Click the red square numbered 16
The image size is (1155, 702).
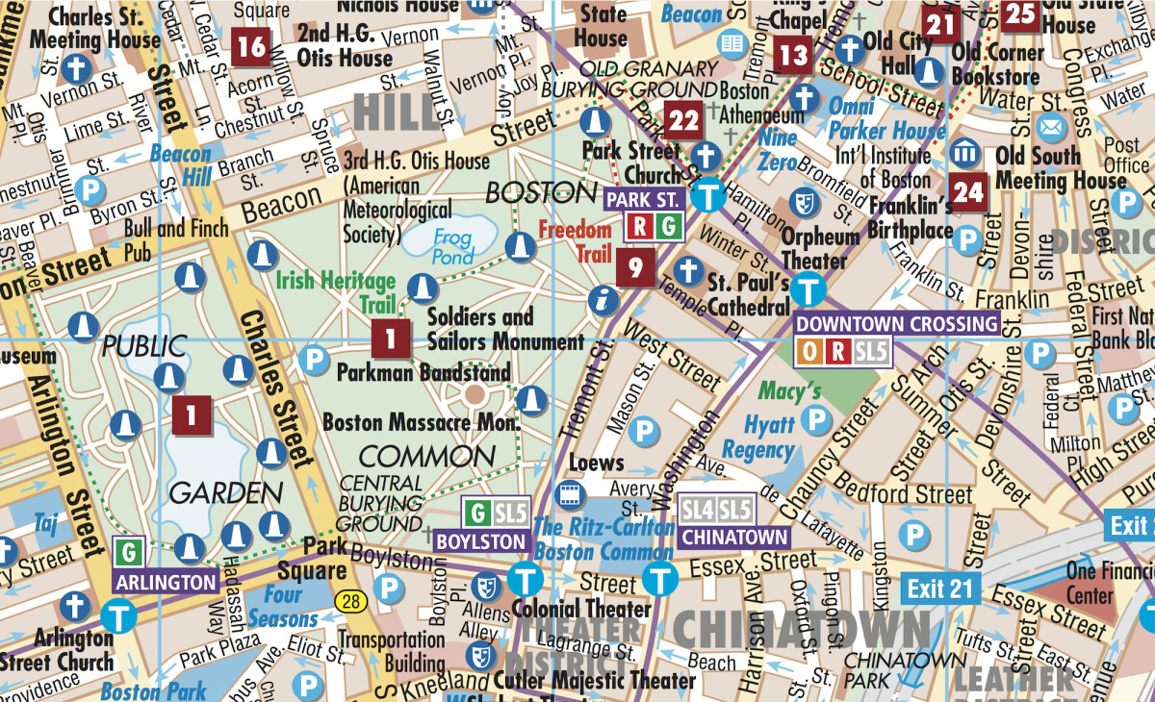click(251, 45)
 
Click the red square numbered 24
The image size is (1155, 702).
click(967, 192)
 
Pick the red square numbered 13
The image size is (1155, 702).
click(793, 55)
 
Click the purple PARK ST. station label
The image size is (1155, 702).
click(643, 200)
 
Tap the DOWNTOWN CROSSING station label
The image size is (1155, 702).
click(897, 324)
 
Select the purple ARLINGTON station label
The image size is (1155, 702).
click(166, 582)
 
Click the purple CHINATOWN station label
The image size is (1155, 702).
click(734, 537)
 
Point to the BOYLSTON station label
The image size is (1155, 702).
click(481, 541)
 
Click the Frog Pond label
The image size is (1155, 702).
click(452, 245)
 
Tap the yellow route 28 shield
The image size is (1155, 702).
click(351, 601)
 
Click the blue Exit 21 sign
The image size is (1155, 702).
click(940, 588)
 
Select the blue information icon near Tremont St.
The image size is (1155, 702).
click(604, 300)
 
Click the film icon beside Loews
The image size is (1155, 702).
click(571, 495)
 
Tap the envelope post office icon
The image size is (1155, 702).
click(1052, 128)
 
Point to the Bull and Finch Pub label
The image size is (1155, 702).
click(177, 239)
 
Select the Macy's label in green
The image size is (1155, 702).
click(789, 391)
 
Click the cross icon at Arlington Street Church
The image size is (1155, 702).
click(74, 607)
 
